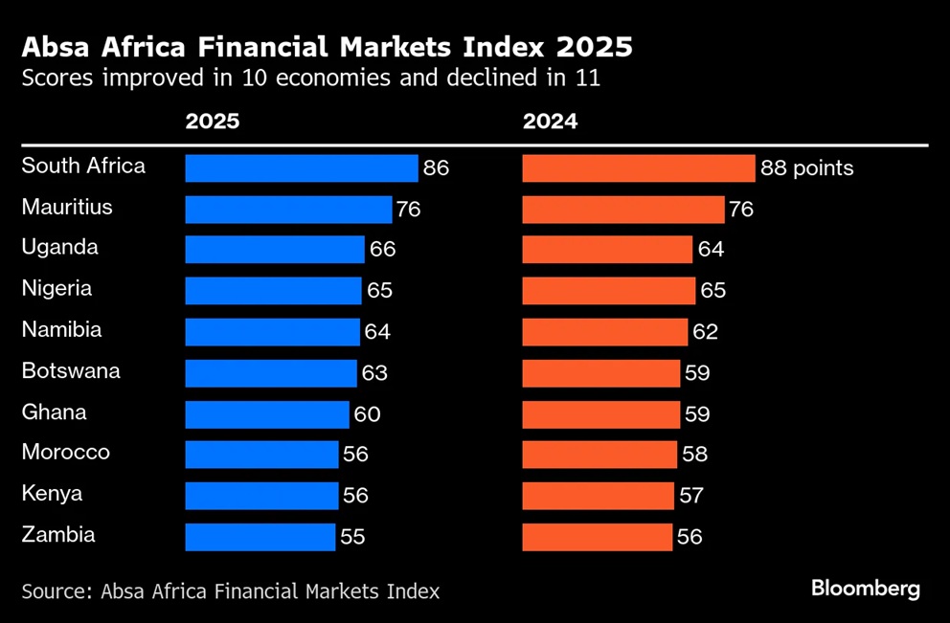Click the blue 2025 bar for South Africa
301,168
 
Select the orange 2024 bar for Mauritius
622,210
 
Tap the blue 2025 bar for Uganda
274,250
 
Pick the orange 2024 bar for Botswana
600,373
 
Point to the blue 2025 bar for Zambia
260,537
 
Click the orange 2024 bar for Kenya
598,496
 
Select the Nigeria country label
57,289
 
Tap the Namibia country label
61,330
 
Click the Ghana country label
54,412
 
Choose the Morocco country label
65,453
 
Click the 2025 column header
213,122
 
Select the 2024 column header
550,122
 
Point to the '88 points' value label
806,168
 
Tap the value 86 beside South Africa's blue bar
436,168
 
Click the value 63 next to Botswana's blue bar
374,373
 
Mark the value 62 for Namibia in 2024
705,332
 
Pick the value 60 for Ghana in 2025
367,414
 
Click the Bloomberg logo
866,589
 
